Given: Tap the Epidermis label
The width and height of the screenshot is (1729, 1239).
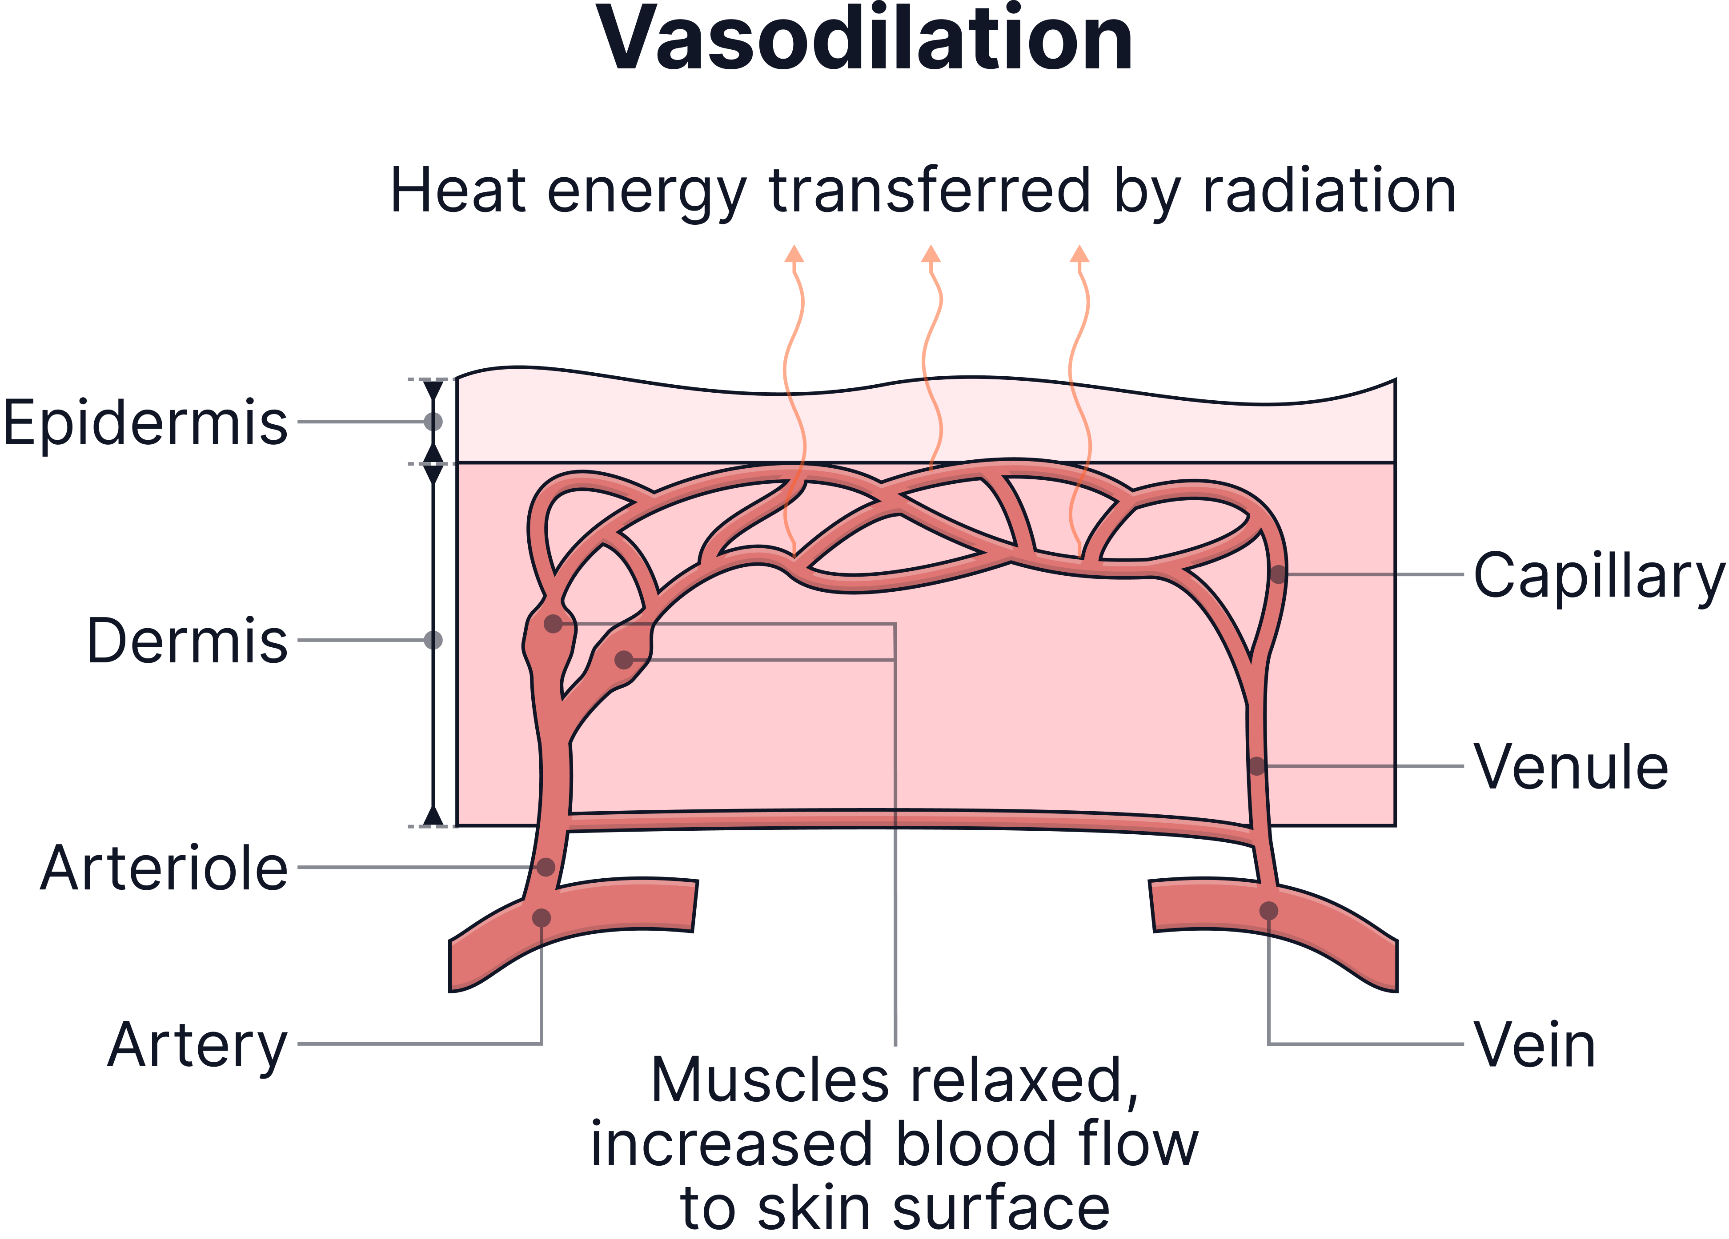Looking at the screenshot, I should [145, 422].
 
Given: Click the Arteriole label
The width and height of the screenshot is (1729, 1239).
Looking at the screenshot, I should [164, 868].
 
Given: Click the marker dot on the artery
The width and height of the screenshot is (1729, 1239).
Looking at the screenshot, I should [541, 917].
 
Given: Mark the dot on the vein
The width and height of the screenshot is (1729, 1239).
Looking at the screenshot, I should [1268, 910].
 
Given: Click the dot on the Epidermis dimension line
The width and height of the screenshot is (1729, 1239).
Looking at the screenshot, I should [433, 422].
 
